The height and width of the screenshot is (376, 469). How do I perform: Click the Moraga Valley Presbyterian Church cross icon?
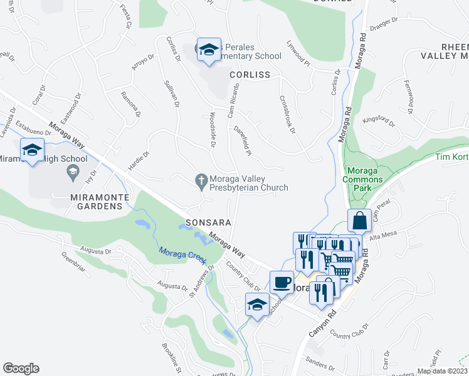point(201,182)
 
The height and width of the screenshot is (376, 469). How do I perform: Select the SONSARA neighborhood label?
point(209,222)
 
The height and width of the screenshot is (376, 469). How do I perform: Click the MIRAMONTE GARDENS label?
point(100,197)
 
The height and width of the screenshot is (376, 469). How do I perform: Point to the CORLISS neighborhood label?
point(249,75)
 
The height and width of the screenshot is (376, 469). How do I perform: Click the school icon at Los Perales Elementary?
point(208,50)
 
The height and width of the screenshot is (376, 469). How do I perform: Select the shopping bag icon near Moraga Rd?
point(359,221)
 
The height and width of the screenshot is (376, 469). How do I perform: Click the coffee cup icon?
point(282,282)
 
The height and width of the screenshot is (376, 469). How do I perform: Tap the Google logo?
point(21,368)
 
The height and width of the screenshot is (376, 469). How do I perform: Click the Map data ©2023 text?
point(442,371)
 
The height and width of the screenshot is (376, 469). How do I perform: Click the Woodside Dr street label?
point(213,130)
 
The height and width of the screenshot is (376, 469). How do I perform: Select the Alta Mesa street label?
point(382,236)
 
